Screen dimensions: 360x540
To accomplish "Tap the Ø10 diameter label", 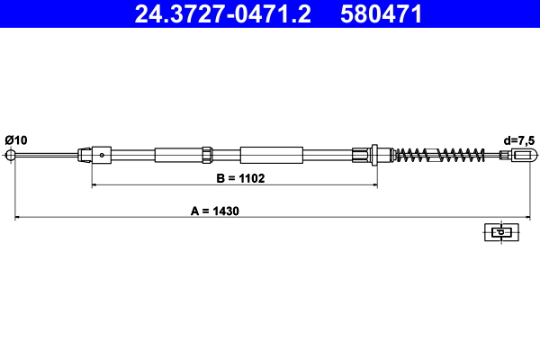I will [x=16, y=139].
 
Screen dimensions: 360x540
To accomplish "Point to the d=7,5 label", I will [x=520, y=139].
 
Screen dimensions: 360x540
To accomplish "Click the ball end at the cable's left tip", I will [x=13, y=156].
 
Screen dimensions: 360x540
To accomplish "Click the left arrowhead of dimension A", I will [x=15, y=218].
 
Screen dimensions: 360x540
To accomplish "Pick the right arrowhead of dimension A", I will [x=522, y=218].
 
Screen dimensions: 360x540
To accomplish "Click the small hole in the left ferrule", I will [x=103, y=155].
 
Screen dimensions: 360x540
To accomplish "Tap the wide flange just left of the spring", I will [x=374, y=155].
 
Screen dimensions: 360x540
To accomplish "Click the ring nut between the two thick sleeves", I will [x=208, y=155].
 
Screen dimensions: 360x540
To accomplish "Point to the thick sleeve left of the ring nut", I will [x=178, y=155].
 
